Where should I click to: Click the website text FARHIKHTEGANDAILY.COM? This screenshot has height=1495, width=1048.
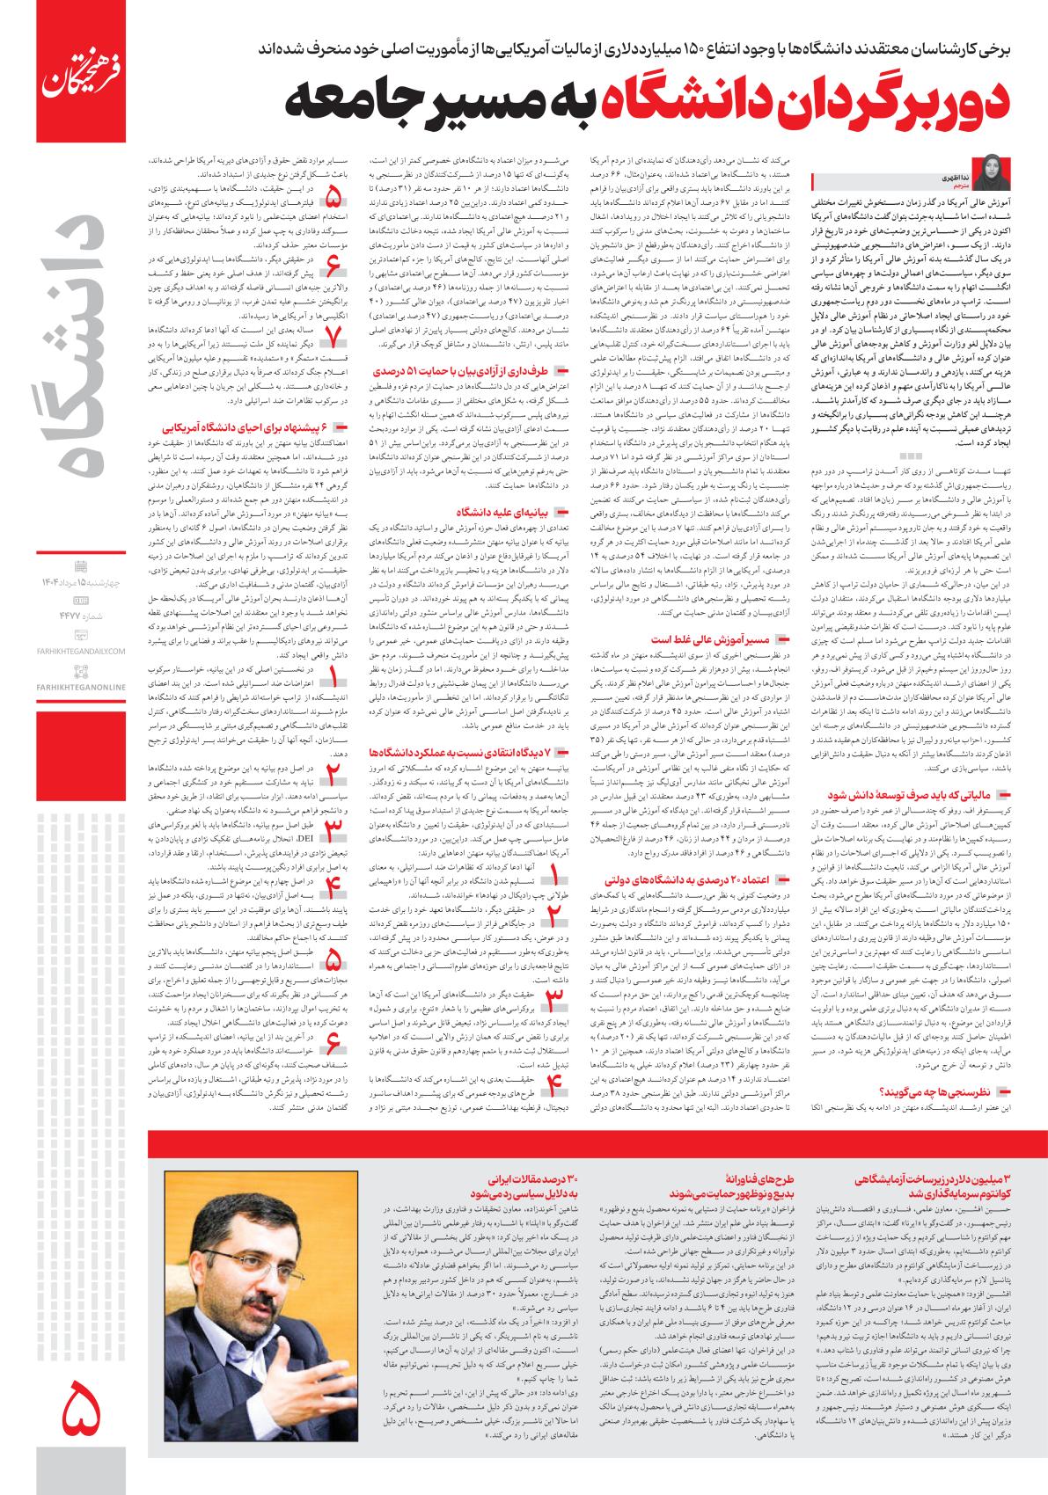(x=83, y=651)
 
